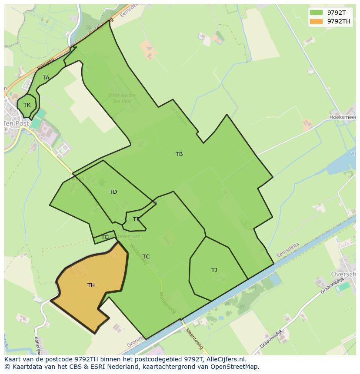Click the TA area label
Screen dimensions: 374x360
click(46, 78)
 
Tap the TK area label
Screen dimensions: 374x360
click(27, 105)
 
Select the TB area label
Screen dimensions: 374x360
click(179, 154)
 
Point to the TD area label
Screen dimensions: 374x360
click(113, 192)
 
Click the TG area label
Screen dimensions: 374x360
click(105, 237)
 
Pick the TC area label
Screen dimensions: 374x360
click(146, 257)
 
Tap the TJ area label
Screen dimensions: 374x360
click(214, 270)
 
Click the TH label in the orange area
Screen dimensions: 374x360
click(91, 285)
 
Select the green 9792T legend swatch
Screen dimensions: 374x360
click(317, 13)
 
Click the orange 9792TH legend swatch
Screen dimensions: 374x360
click(317, 21)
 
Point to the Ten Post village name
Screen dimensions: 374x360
click(17, 123)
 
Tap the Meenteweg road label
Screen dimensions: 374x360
click(194, 339)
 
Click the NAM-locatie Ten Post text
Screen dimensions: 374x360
click(122, 98)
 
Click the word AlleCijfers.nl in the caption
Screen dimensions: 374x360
click(225, 359)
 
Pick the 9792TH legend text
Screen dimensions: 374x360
click(339, 21)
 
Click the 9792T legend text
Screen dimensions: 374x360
click(337, 13)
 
